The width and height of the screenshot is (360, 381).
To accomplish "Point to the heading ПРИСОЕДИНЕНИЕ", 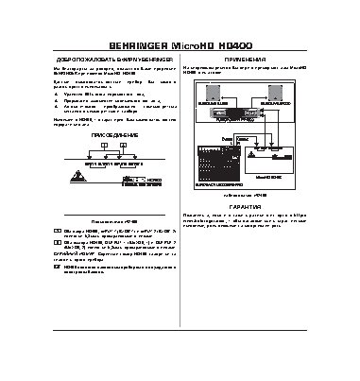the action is point(91,136).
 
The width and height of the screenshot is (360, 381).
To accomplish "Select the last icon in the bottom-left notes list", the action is point(55,268).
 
